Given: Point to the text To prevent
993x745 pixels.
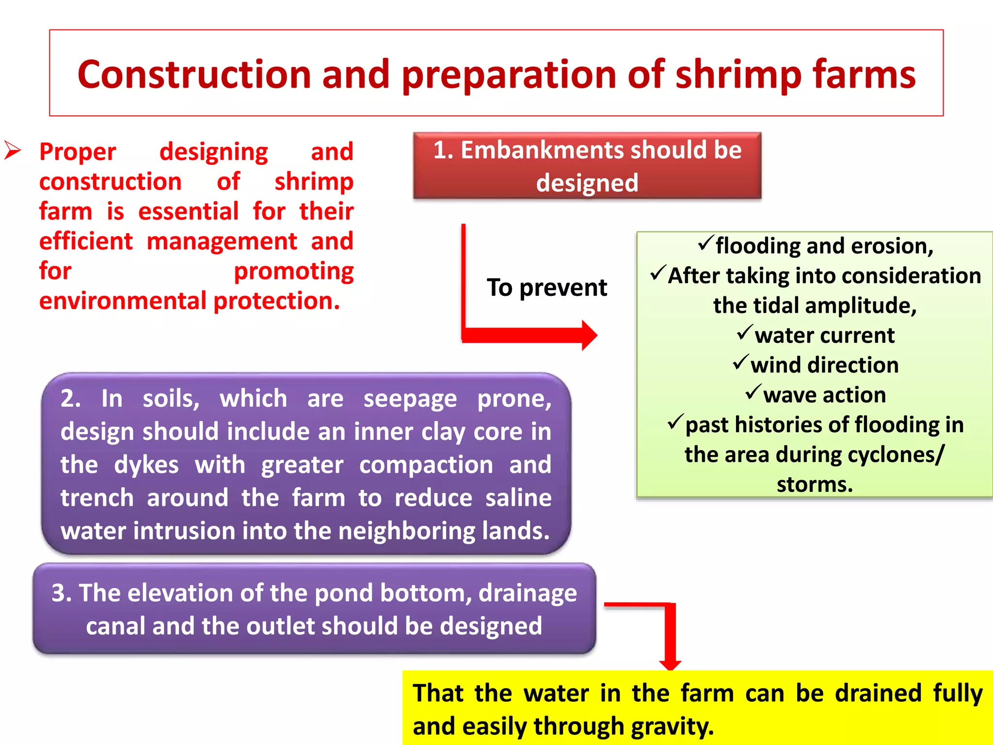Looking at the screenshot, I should coord(546,288).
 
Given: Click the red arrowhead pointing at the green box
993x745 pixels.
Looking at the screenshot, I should coord(589,335).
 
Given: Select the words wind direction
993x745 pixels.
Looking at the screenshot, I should coord(824,365).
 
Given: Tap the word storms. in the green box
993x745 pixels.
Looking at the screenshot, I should coord(815,485).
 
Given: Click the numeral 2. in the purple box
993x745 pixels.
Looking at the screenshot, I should coord(71,399).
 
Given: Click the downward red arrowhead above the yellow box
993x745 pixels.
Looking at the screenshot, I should coord(671,664).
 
